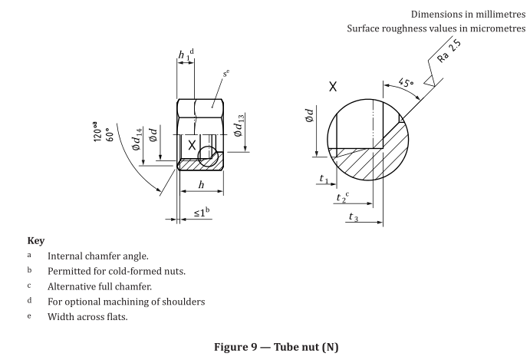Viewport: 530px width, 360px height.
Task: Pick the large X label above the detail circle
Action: coord(332,87)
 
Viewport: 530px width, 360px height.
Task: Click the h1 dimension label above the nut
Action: coord(184,55)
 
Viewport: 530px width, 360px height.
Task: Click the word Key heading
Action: coord(35,239)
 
